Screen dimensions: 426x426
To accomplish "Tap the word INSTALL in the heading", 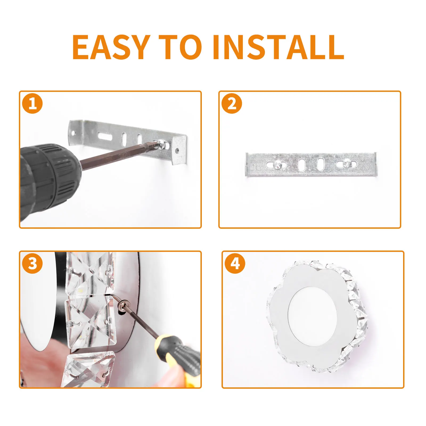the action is coord(278,47).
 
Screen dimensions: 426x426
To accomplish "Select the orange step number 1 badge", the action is coord(32,104).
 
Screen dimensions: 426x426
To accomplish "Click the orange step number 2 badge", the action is coord(232,104).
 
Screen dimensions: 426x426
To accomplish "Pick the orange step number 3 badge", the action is coord(32,264).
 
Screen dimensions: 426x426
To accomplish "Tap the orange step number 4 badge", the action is coord(235,264).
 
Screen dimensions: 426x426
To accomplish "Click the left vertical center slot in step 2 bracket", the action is coord(302,165).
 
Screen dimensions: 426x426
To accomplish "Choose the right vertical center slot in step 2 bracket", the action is coord(320,164).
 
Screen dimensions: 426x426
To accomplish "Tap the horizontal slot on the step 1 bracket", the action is coord(106,136).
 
